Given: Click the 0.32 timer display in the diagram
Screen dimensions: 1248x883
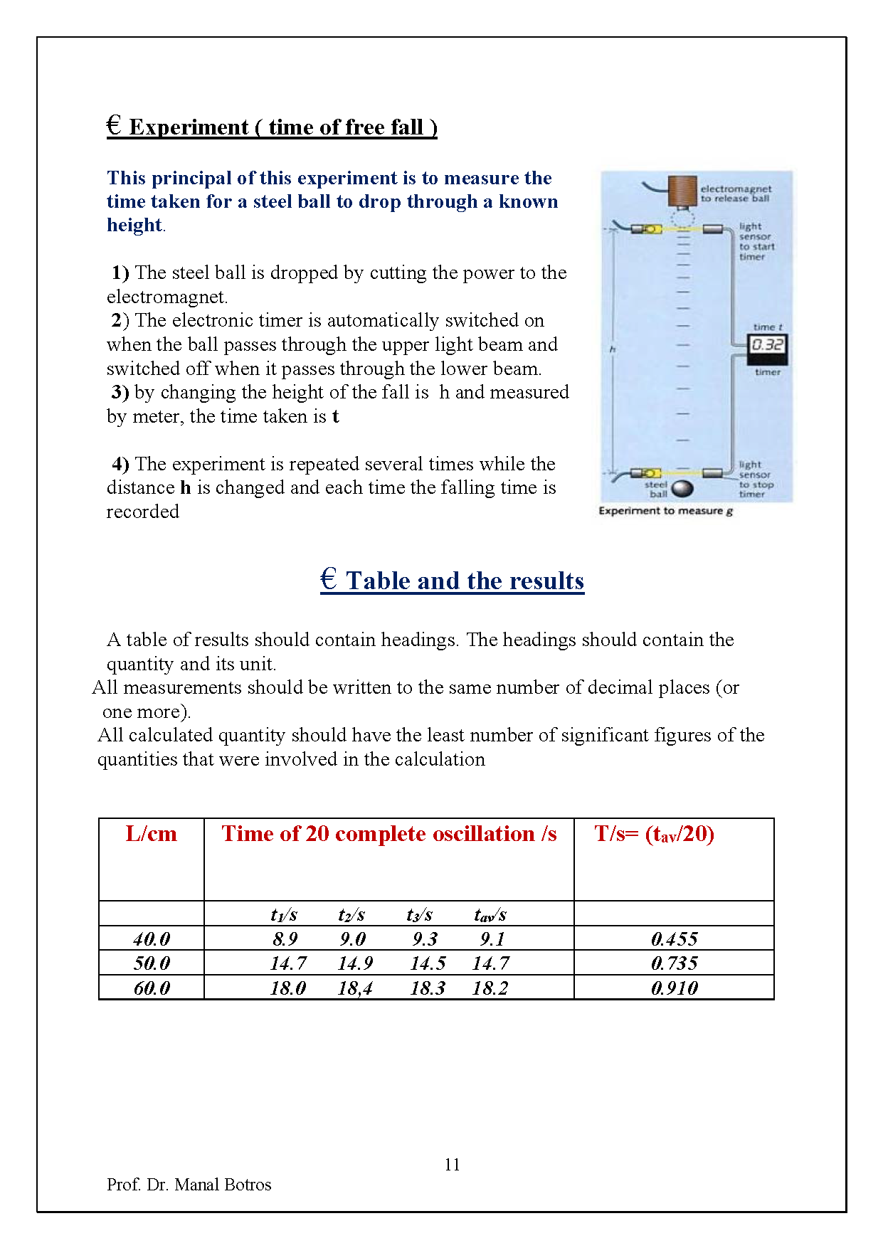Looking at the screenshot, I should (767, 345).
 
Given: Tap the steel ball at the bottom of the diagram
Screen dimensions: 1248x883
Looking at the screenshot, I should (682, 489).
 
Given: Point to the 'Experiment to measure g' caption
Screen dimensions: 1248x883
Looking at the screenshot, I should (665, 511).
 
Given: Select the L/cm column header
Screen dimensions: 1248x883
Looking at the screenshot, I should (151, 834).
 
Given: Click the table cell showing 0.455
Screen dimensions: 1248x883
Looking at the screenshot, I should (674, 939).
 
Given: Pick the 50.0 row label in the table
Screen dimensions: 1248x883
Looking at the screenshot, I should (152, 963).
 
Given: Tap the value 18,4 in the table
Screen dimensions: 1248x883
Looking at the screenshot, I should (355, 988).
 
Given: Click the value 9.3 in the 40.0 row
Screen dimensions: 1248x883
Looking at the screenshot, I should (425, 939).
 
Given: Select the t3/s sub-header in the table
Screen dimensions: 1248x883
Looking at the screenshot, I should (420, 915).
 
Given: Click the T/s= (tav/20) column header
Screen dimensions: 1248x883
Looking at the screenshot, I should (654, 834).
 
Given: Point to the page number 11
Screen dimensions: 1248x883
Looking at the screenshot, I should (452, 1165).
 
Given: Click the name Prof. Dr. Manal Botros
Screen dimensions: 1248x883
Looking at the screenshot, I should (189, 1185).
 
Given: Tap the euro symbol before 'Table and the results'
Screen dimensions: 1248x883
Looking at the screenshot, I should (328, 578).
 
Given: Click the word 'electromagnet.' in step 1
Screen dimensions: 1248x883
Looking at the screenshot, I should (167, 297).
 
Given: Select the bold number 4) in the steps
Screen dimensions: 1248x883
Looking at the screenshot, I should (120, 464).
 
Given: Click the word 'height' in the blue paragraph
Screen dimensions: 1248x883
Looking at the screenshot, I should (134, 225).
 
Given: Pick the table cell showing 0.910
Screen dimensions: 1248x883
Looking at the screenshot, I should (674, 988).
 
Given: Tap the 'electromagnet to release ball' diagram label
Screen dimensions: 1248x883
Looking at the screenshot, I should (735, 194).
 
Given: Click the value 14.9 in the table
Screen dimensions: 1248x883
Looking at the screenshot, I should (355, 963).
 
